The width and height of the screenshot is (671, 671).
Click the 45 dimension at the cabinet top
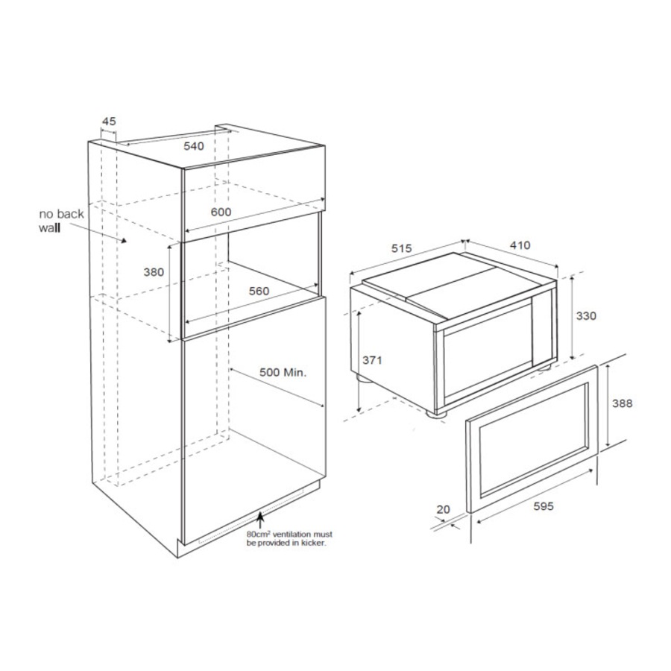tap(109, 122)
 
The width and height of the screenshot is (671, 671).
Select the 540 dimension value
tap(194, 146)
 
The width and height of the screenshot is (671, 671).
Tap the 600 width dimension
tap(221, 212)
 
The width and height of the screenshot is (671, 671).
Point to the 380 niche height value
tap(154, 272)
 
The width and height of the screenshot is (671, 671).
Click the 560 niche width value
tap(259, 291)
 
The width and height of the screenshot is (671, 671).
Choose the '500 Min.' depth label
tap(283, 372)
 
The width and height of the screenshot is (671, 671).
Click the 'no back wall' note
tap(61, 221)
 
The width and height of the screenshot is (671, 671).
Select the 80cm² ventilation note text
tap(289, 539)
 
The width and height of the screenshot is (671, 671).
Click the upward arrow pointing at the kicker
tap(259, 520)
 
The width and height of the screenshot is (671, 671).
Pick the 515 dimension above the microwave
tap(401, 248)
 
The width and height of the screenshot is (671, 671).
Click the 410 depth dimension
tap(520, 245)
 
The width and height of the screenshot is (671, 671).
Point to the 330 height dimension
tap(586, 316)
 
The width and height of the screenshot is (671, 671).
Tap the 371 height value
tap(372, 360)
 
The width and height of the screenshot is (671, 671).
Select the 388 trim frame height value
tap(622, 403)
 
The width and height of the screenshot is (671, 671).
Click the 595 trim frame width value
tap(544, 506)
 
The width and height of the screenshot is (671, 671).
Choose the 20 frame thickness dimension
tap(444, 510)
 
